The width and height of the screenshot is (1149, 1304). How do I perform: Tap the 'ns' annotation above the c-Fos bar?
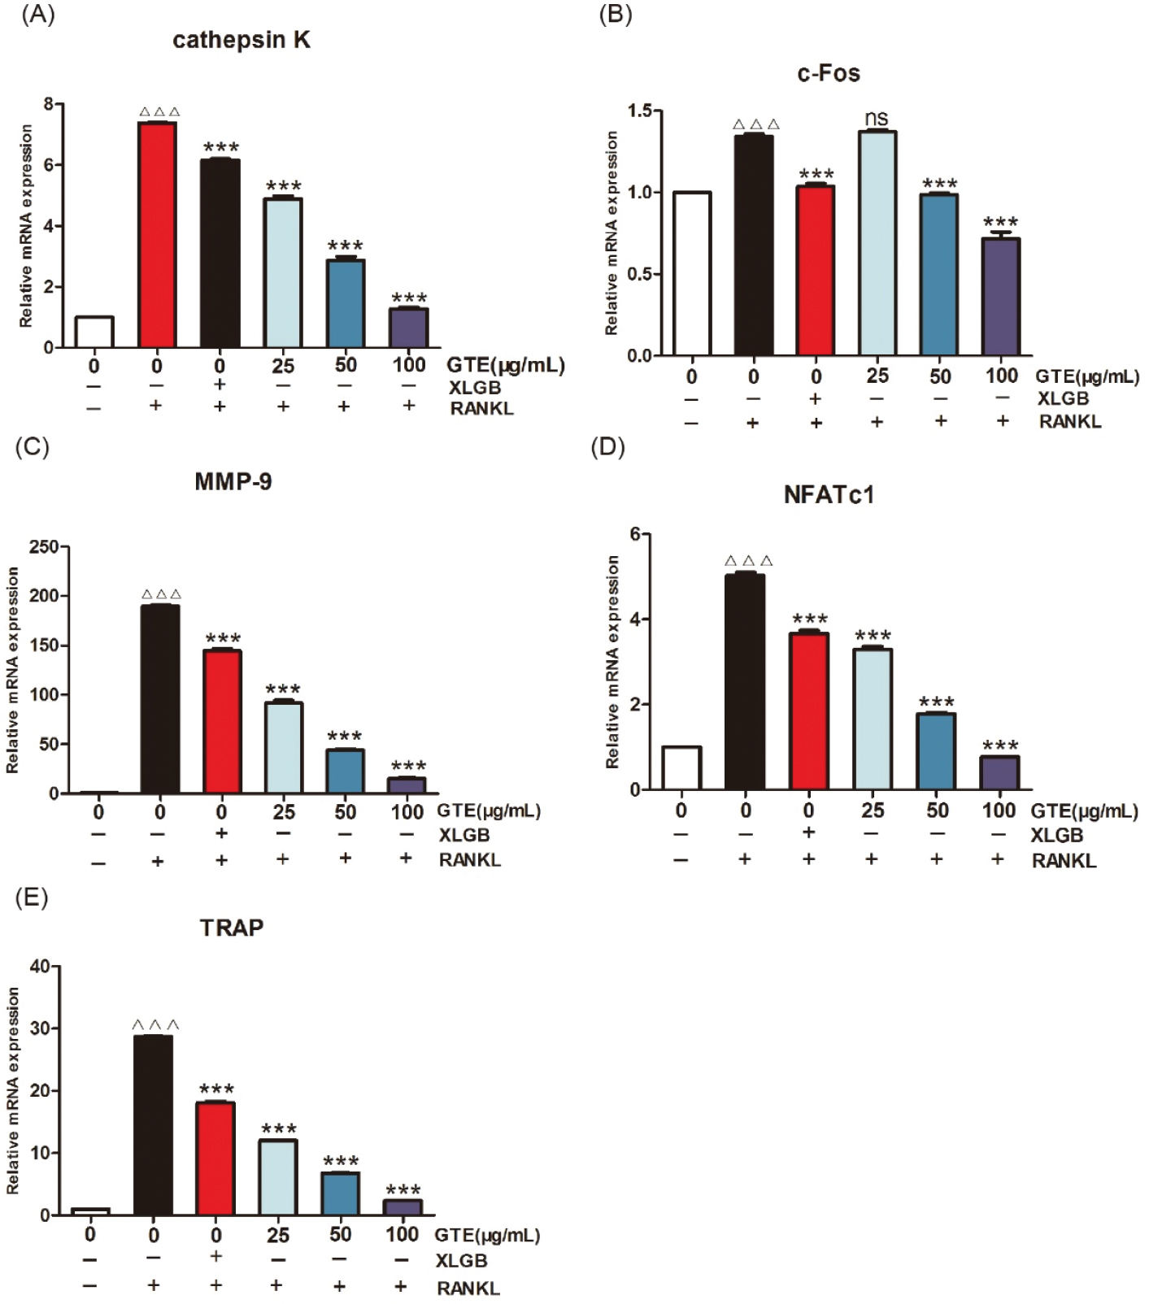point(876,119)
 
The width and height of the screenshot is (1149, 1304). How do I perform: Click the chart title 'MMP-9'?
point(233,482)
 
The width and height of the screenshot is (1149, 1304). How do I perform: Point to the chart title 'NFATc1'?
point(829,495)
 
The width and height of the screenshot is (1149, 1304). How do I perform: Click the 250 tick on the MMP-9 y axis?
point(44,547)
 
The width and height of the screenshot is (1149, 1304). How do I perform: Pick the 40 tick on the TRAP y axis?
point(40,967)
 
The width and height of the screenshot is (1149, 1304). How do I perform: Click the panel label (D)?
point(607,447)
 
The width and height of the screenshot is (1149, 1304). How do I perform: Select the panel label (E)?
point(32,898)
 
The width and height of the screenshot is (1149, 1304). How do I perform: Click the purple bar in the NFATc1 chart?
point(999,772)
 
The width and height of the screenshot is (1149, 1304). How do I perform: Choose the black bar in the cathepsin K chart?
point(220,253)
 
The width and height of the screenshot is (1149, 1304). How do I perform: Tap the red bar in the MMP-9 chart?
point(222,721)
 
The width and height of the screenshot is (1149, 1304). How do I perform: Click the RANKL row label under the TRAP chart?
point(468,1288)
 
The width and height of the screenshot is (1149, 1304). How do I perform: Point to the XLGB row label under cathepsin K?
point(475,387)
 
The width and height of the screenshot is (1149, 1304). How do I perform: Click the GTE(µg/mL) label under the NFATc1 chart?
point(1084,811)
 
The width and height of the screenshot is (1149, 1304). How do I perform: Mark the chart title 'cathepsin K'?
point(242,41)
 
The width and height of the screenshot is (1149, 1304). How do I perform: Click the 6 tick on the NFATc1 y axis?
point(635,534)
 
